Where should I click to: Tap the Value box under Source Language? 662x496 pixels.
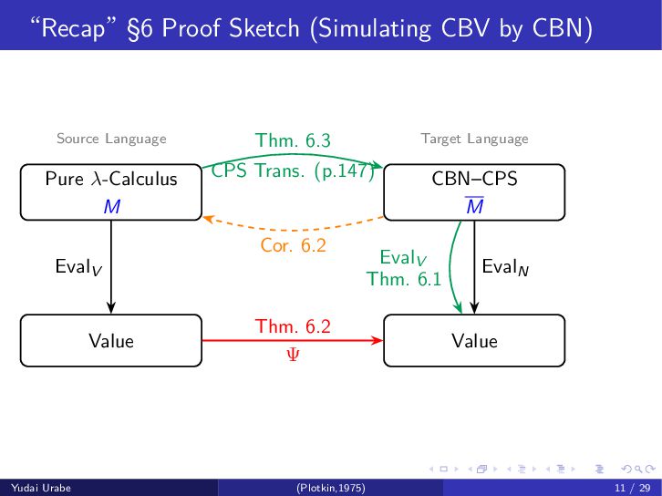pyautogui.click(x=110, y=341)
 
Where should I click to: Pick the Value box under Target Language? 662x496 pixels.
pyautogui.click(x=474, y=341)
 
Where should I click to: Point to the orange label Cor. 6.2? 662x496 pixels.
pyautogui.click(x=293, y=245)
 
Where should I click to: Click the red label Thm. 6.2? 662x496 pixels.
pyautogui.click(x=292, y=326)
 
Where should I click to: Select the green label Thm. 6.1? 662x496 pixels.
pyautogui.click(x=403, y=279)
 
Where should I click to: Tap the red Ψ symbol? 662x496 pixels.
pyautogui.click(x=292, y=354)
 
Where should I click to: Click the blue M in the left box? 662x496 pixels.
pyautogui.click(x=111, y=207)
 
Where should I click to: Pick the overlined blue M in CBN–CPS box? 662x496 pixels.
pyautogui.click(x=474, y=207)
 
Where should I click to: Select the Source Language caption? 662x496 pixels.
pyautogui.click(x=111, y=139)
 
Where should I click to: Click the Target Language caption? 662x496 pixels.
pyautogui.click(x=474, y=139)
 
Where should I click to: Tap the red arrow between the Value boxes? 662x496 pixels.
pyautogui.click(x=292, y=341)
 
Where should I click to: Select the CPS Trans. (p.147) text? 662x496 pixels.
pyautogui.click(x=293, y=171)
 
